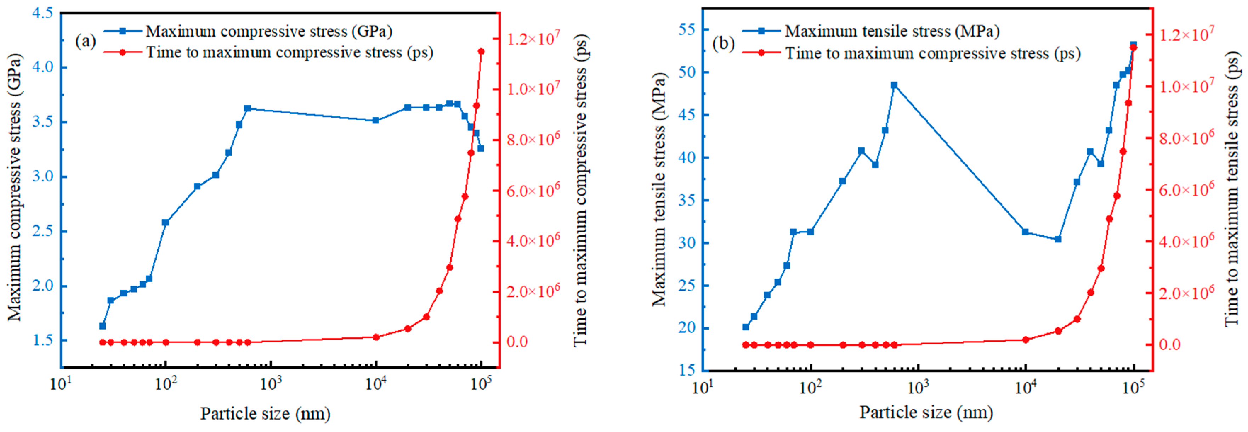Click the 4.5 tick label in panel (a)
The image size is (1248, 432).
(x=42, y=13)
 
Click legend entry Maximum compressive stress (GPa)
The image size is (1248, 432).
(x=269, y=32)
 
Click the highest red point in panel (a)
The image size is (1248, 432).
(x=481, y=51)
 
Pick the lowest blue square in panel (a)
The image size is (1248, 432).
(x=102, y=326)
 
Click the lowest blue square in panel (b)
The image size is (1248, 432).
(x=745, y=327)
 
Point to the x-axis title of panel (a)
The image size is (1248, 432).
(x=266, y=414)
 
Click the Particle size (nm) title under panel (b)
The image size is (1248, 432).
(x=926, y=413)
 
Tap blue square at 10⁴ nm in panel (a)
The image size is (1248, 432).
(x=375, y=120)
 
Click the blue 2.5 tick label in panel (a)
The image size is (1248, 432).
(x=42, y=231)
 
